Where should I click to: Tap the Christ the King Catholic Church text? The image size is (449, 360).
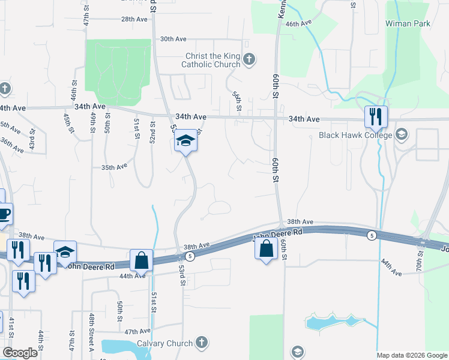pos(212,60)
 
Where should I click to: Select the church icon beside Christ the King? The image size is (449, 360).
pos(250,59)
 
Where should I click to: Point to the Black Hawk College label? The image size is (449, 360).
pos(356,135)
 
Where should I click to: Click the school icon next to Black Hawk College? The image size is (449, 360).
pos(402,134)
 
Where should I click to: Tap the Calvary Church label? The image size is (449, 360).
pos(164,343)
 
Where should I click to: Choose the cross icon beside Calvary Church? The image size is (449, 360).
pos(202,343)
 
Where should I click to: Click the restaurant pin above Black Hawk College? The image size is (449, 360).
pos(376,116)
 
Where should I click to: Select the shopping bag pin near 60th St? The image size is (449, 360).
pos(267,247)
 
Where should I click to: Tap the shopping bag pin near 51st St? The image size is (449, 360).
pos(141,260)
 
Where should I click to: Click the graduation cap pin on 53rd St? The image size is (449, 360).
pos(186,142)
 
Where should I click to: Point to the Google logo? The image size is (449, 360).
pos(20,353)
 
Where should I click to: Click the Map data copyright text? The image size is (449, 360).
pos(411,355)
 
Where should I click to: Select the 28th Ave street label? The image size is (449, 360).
pos(134,19)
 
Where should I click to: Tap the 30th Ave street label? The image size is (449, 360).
pos(174,39)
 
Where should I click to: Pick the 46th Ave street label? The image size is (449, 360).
pos(299,23)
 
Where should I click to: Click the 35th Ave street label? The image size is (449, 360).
pos(115,167)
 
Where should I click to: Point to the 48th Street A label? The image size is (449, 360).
pos(92,325)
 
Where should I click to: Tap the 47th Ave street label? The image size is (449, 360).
pos(137,331)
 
